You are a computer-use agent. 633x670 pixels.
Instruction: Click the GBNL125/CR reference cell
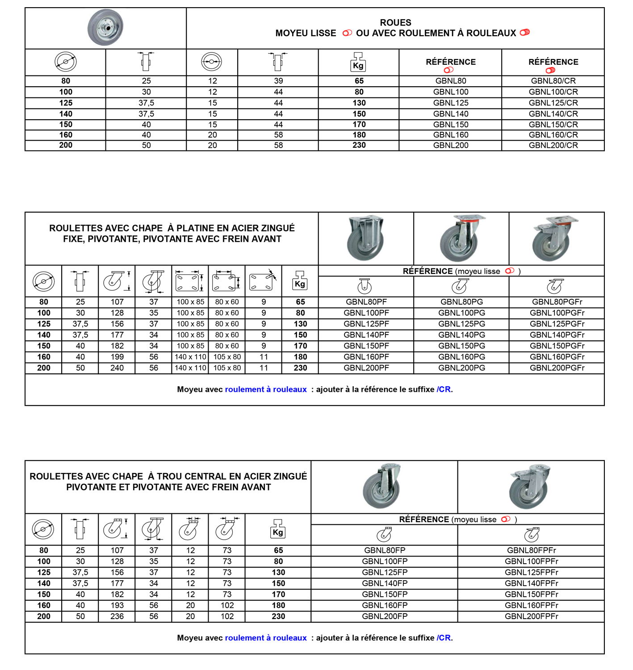point(553,103)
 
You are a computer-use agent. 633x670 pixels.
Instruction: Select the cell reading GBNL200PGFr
point(557,368)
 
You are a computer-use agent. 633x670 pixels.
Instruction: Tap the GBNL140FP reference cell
point(385,583)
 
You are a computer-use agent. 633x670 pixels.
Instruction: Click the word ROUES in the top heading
point(395,23)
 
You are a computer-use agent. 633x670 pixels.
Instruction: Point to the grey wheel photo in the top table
point(105,27)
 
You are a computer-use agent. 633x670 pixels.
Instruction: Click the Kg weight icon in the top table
point(358,62)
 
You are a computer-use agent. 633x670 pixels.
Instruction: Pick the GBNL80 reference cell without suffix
point(450,81)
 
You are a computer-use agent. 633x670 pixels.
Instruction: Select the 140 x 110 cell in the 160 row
point(190,357)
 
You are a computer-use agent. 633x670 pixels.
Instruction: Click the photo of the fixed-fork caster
point(365,238)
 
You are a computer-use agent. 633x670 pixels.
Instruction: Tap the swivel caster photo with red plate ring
point(461,238)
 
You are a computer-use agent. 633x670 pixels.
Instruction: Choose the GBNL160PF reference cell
point(366,357)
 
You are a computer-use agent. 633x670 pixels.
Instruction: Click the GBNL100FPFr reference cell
point(532,561)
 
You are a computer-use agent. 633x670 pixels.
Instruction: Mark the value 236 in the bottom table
point(117,616)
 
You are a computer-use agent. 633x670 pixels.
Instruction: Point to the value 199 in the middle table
point(117,357)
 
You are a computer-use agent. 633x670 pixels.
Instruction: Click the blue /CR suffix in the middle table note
point(444,389)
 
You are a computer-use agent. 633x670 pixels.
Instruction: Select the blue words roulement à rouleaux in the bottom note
point(266,637)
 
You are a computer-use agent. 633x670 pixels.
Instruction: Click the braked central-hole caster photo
point(529,486)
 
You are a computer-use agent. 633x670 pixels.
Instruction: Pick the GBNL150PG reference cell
point(461,346)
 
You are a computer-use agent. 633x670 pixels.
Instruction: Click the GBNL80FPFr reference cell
point(532,550)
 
